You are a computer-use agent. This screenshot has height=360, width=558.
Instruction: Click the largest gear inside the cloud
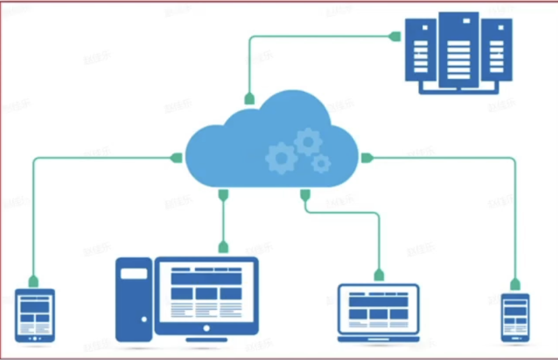281,157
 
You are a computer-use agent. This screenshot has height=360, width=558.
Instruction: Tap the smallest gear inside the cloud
321,164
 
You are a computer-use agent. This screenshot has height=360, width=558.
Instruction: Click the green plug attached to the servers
395,36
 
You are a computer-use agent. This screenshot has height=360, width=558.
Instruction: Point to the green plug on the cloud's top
249,98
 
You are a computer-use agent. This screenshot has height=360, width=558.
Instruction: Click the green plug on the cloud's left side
177,157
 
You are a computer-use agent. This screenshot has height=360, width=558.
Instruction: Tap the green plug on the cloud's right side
366,158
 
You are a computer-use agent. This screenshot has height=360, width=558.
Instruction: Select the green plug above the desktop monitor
223,246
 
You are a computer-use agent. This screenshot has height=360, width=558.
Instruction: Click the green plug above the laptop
379,275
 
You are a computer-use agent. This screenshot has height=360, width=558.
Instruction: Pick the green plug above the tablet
34,281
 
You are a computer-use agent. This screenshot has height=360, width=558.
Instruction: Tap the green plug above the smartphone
515,284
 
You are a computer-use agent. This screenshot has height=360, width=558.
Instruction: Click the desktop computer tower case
134,299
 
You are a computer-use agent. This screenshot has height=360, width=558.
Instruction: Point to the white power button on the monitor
206,328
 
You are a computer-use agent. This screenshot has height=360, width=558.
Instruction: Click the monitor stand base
206,339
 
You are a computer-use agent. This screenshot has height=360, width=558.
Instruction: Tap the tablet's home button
35,339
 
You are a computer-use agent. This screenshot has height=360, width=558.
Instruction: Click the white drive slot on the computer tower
134,273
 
